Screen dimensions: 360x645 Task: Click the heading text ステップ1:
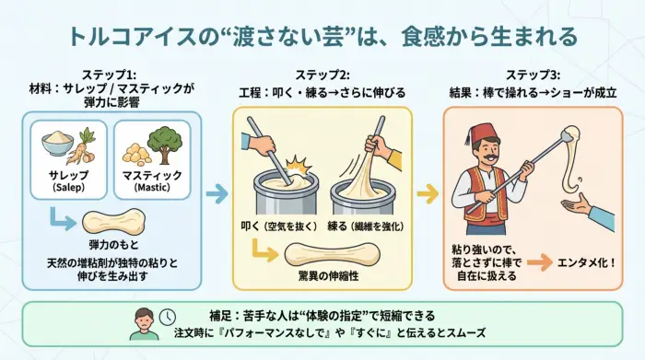pos(110,74)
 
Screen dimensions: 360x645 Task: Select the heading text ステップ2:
pos(322,74)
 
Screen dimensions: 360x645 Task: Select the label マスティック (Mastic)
pos(152,180)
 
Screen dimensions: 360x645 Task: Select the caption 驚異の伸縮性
pos(322,276)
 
